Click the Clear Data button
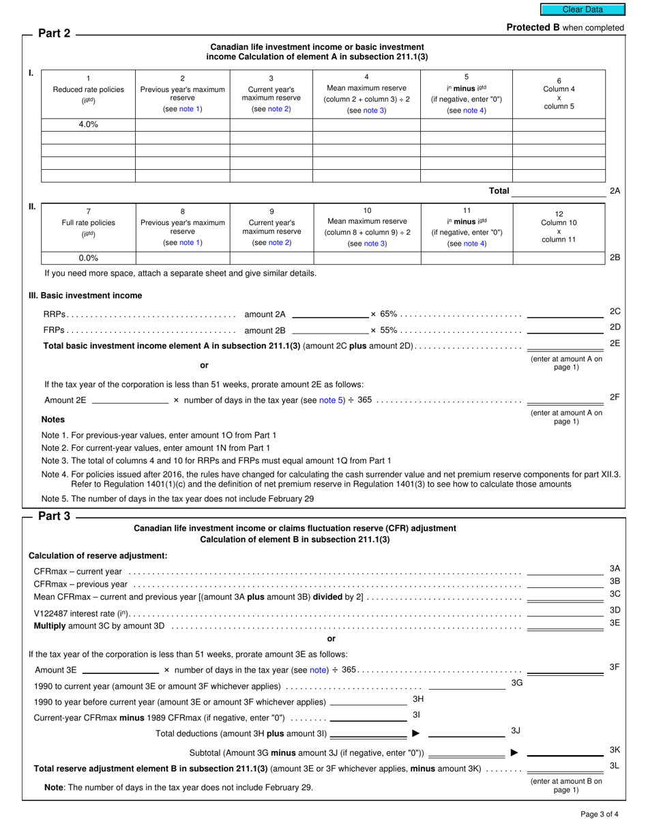click(x=582, y=10)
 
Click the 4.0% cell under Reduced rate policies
click(x=88, y=125)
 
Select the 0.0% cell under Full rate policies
click(x=88, y=258)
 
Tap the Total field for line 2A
click(x=558, y=191)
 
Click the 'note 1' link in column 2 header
click(x=190, y=109)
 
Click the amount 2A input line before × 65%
click(x=329, y=314)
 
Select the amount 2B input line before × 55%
click(x=329, y=330)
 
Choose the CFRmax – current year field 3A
click(x=565, y=571)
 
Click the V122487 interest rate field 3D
click(x=565, y=612)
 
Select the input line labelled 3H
click(x=368, y=701)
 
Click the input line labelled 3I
click(x=368, y=717)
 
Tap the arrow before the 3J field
click(x=416, y=734)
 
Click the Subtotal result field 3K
click(x=565, y=752)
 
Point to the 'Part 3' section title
click(x=54, y=516)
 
